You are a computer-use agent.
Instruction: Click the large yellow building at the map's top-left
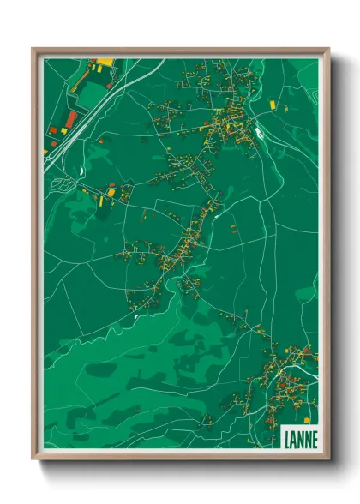coord(104,62)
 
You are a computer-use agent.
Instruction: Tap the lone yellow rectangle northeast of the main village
coord(273,104)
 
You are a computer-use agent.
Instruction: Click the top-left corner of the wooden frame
coord(33,49)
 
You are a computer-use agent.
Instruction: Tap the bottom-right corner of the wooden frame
coord(328,459)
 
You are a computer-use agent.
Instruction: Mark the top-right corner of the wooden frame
coord(328,49)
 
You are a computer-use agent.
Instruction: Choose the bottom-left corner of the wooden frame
coord(33,459)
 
